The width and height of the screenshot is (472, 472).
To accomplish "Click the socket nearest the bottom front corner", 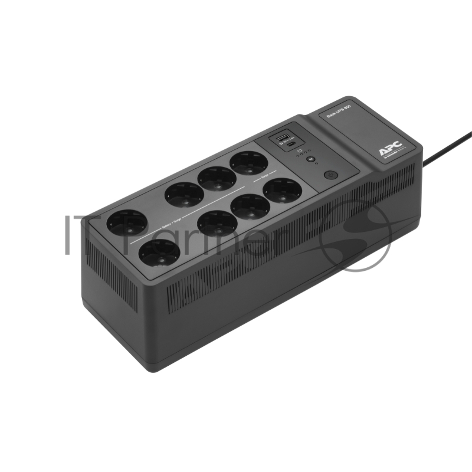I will [158, 255].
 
